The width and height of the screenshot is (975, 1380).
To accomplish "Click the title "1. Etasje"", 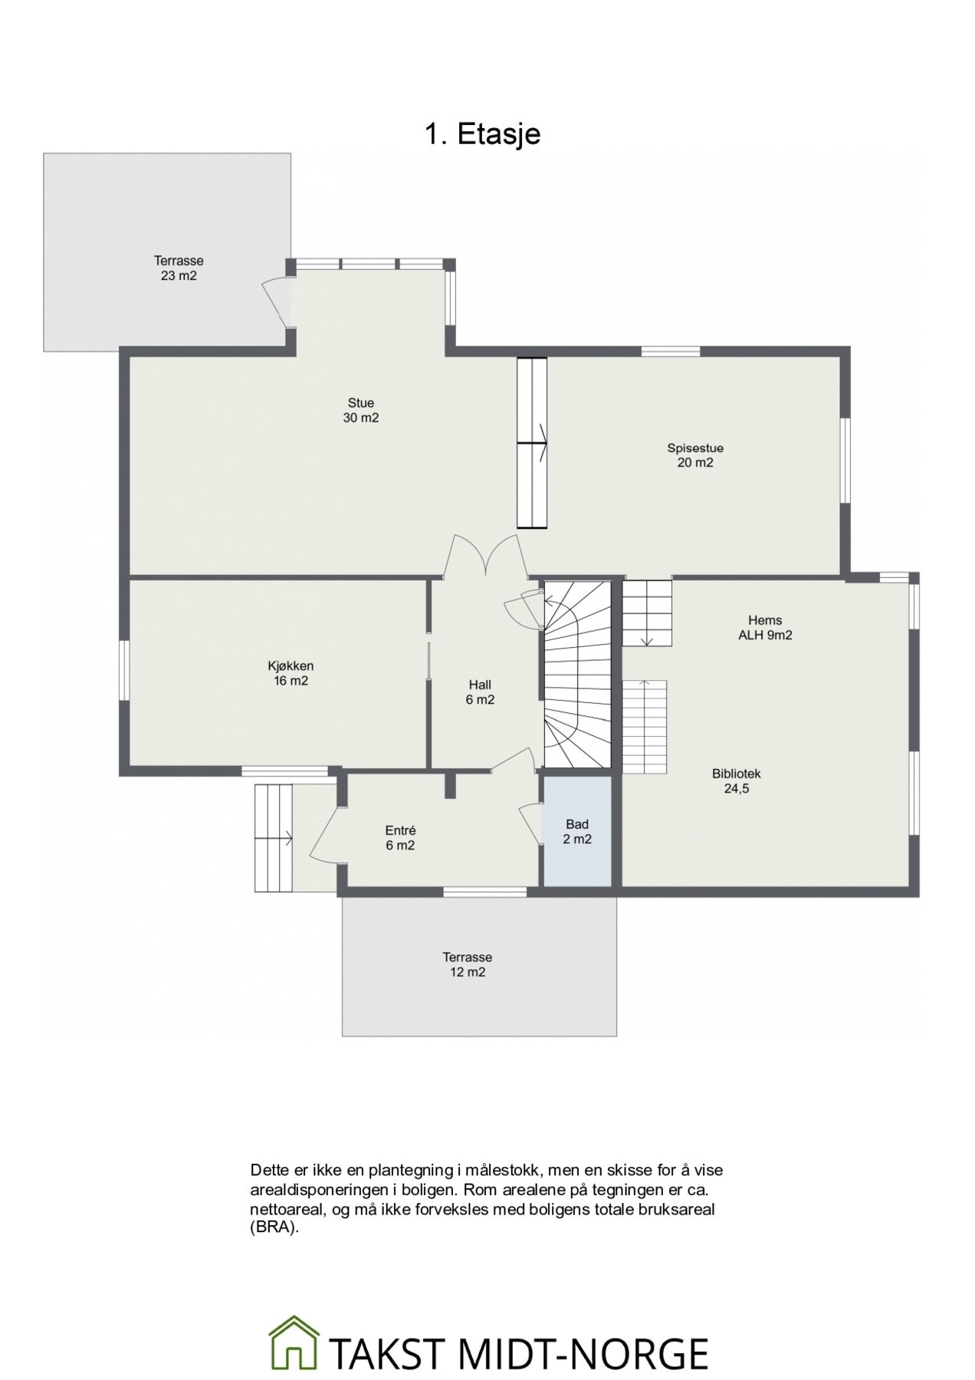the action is click(483, 133).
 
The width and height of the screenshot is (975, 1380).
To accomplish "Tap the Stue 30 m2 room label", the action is click(361, 410).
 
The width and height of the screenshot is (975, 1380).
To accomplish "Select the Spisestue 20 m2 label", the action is click(695, 455).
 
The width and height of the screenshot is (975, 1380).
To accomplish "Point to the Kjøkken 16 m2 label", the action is click(291, 673).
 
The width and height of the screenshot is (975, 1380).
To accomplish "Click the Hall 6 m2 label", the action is click(480, 692).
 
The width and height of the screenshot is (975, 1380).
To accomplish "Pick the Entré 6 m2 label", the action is click(400, 838).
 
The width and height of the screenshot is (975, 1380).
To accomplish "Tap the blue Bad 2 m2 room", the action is click(578, 832).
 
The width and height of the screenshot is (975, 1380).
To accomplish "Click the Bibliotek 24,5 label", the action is click(737, 781).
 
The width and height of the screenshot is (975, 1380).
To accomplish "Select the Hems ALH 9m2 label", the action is click(765, 628).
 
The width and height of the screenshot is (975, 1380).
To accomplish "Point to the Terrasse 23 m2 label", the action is click(179, 268).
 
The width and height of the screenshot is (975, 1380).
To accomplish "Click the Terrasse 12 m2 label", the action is click(467, 964).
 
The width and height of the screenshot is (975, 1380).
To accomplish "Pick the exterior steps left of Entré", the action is click(274, 838).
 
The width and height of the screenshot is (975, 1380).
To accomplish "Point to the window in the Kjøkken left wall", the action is click(123, 670).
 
